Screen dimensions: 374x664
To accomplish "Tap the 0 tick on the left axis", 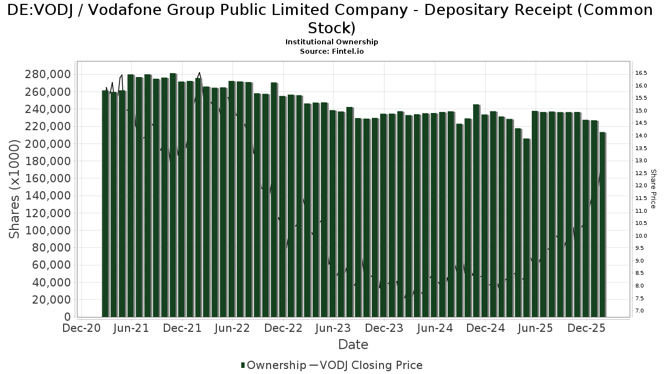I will (68, 317).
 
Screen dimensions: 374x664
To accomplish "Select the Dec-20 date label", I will (81, 328).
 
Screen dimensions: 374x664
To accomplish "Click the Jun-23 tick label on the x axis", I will (334, 328).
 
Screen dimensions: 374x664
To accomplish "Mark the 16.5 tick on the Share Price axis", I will (641, 73).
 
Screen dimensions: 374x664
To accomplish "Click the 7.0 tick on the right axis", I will (640, 311).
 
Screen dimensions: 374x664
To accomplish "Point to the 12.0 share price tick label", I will (641, 186).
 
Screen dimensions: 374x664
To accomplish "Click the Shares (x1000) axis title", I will (15, 189).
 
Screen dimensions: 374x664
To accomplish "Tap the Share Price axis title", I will (653, 189).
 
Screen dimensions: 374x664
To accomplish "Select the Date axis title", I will (353, 345).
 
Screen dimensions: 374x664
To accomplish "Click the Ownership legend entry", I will (273, 365).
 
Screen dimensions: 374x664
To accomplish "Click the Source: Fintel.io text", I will (331, 51).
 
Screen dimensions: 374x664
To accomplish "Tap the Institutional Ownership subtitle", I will (331, 42).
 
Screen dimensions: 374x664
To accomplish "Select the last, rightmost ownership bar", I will (603, 224).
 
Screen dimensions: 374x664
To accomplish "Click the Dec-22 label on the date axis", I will (283, 328).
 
